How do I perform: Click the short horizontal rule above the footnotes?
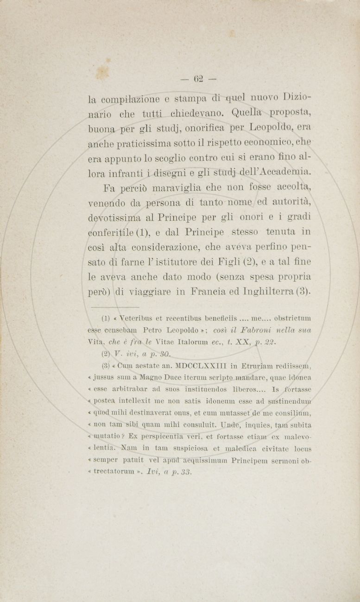pyautogui.click(x=115, y=307)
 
